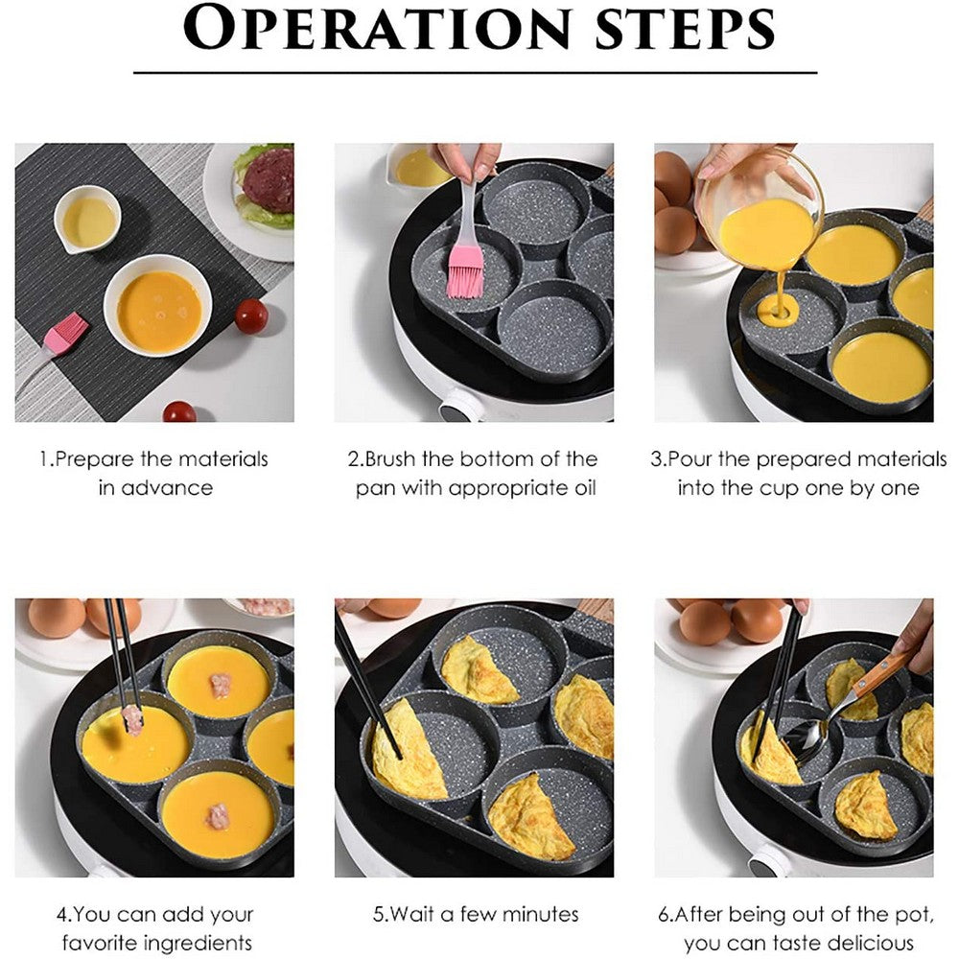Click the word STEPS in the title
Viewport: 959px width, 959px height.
coord(676,29)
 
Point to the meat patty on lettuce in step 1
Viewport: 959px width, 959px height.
coord(268,181)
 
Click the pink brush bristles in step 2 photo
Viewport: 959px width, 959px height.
coord(464,272)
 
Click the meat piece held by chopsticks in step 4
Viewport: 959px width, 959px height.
coord(133,720)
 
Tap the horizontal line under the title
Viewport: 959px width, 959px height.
coord(475,72)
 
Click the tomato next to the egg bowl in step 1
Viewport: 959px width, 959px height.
coord(251,316)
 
